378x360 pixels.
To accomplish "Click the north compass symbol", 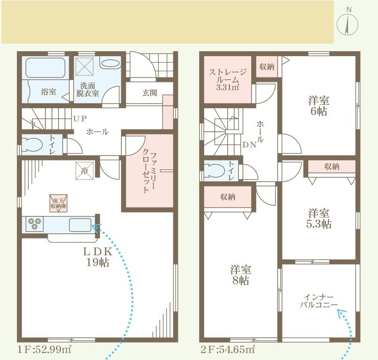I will point(349,23).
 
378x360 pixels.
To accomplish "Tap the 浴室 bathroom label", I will point(48,92).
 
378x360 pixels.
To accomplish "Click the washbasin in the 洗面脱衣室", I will point(110,64).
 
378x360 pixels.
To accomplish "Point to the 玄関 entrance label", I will point(149,92).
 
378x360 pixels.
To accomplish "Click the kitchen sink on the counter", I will point(79,224).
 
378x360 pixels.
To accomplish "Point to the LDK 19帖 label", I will point(98,256).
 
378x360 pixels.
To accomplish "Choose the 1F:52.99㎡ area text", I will point(44,349).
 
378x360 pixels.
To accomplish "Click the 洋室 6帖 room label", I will point(318,106).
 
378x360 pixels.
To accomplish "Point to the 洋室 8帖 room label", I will point(240,275).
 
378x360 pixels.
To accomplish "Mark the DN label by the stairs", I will point(249,145).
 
